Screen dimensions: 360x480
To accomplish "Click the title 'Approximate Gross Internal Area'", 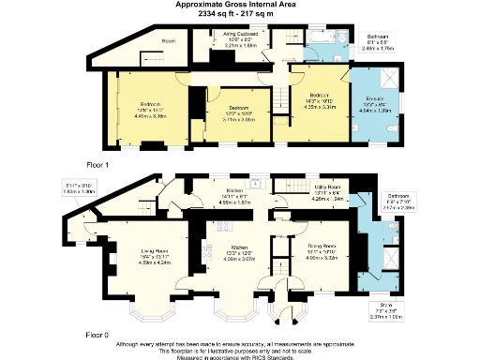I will pos(239,5).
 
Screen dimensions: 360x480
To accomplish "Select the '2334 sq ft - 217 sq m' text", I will pos(239,14).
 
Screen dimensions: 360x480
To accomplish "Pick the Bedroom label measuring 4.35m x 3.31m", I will pos(321,96).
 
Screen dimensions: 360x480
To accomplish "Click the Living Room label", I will pos(155,251).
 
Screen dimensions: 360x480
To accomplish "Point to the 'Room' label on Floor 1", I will pos(169,41).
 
